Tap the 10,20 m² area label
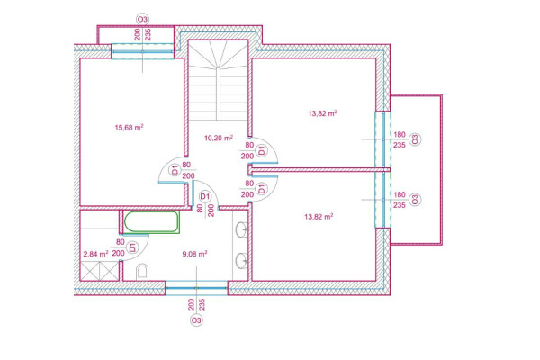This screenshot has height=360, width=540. point(219,139)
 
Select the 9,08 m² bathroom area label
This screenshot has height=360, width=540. point(194,254)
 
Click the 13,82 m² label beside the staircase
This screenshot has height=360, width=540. point(322,113)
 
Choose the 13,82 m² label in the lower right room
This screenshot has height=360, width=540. point(319,216)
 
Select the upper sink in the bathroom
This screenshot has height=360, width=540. point(242,231)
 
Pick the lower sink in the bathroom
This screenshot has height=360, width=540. point(242,262)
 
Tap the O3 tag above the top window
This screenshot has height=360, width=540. point(141,18)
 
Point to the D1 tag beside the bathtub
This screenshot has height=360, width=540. point(131,245)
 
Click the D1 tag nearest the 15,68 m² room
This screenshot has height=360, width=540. point(175,169)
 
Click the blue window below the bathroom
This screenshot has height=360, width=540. point(195,288)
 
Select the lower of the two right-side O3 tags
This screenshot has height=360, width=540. point(414,200)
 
